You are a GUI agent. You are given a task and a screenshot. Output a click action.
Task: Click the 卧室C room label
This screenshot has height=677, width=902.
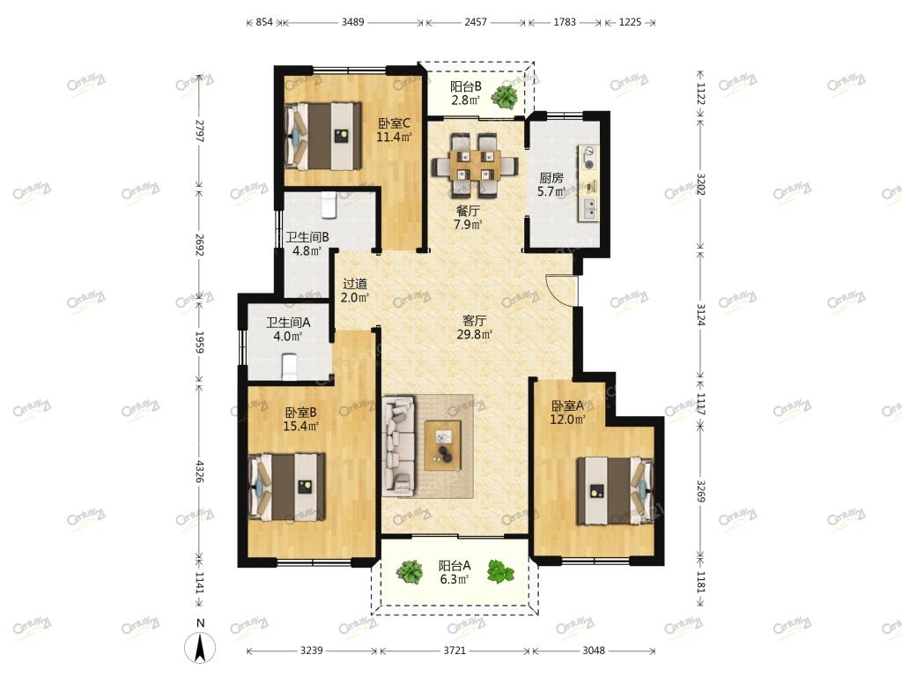(x=394, y=123)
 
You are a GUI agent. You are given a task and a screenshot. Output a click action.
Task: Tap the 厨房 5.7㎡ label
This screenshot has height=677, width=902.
(x=551, y=185)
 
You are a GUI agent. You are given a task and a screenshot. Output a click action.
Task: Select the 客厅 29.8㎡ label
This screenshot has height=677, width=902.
(x=474, y=327)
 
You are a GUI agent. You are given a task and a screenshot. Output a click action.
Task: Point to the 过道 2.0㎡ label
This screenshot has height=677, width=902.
(x=354, y=291)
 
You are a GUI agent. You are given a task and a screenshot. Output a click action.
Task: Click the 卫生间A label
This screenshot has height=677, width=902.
(x=288, y=323)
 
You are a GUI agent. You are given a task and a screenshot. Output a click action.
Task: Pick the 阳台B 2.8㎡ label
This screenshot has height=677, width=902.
(x=465, y=93)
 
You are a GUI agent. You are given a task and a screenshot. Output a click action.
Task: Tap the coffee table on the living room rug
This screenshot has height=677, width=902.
(x=442, y=445)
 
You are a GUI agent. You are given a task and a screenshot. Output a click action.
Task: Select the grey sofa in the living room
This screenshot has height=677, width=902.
(x=399, y=445)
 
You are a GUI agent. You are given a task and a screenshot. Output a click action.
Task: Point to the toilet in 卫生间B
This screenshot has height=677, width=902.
(x=329, y=205)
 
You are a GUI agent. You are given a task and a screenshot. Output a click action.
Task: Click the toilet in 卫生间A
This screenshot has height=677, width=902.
(x=289, y=368)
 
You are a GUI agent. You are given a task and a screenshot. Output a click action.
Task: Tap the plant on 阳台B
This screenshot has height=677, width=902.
(x=505, y=97)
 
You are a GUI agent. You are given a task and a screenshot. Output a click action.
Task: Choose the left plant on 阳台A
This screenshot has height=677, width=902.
(x=409, y=571)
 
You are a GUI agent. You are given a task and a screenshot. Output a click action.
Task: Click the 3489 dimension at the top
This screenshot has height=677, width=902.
(x=352, y=22)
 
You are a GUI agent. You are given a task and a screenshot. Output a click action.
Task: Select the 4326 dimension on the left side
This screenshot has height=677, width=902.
(x=199, y=471)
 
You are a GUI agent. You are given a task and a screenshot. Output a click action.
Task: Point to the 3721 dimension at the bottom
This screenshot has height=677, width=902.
(x=455, y=651)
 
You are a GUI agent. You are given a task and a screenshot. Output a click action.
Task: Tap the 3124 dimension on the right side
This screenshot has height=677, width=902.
(x=700, y=315)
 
